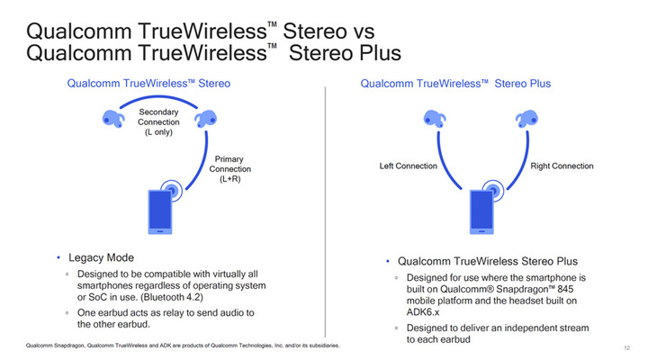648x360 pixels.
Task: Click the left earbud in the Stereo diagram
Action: click(x=112, y=119)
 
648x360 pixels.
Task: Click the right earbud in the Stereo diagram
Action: click(x=206, y=119)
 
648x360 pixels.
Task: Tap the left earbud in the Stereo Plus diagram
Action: click(x=435, y=119)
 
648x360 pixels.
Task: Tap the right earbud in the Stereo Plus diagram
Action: click(x=526, y=119)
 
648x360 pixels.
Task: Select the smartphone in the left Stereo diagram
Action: click(x=160, y=212)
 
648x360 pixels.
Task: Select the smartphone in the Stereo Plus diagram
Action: click(x=481, y=212)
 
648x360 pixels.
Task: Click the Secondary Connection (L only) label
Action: click(x=158, y=121)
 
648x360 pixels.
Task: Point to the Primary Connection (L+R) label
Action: click(x=229, y=169)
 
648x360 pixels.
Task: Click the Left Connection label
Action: click(x=409, y=166)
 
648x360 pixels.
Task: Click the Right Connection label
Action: click(x=562, y=166)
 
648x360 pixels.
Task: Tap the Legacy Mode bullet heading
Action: click(x=101, y=257)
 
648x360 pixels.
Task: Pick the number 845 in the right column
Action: click(x=565, y=289)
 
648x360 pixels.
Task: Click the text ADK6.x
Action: click(x=423, y=312)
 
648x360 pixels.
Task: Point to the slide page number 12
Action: click(x=627, y=348)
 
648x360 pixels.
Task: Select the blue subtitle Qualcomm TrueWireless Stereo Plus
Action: click(x=455, y=84)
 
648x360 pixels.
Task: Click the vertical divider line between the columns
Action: click(x=325, y=212)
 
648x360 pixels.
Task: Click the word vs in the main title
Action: click(x=364, y=31)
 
